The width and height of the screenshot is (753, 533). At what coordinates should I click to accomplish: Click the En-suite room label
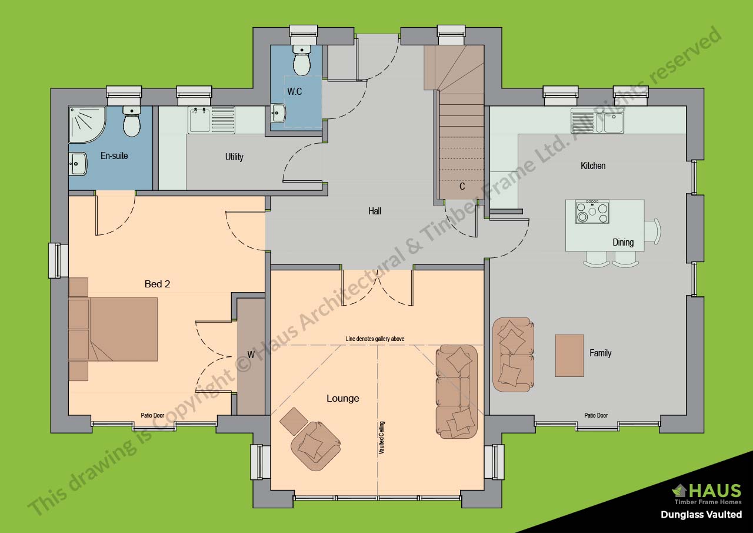114,156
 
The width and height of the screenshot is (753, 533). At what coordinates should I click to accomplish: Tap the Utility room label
234,157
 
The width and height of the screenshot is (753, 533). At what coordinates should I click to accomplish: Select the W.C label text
295,91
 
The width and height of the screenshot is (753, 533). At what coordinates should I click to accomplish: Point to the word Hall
375,211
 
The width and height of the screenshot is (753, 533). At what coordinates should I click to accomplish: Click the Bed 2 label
157,284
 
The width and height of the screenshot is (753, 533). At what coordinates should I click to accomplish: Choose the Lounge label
343,398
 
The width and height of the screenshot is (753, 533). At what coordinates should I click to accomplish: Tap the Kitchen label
593,165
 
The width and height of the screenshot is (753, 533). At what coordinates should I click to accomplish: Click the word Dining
623,242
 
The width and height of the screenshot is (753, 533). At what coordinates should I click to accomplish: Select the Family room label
601,353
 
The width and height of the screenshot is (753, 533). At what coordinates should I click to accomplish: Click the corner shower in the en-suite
86,124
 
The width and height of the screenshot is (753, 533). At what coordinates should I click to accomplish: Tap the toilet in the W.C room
302,60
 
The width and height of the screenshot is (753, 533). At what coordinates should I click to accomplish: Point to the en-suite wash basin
78,164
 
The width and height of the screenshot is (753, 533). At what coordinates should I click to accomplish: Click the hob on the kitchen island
592,212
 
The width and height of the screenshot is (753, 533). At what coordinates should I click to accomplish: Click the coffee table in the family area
569,355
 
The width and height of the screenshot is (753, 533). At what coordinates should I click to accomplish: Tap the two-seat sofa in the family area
513,355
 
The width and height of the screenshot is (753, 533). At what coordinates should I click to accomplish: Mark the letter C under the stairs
462,187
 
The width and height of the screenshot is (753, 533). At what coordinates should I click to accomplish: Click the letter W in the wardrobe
251,355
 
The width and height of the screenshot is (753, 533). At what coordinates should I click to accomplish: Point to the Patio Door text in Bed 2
152,415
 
